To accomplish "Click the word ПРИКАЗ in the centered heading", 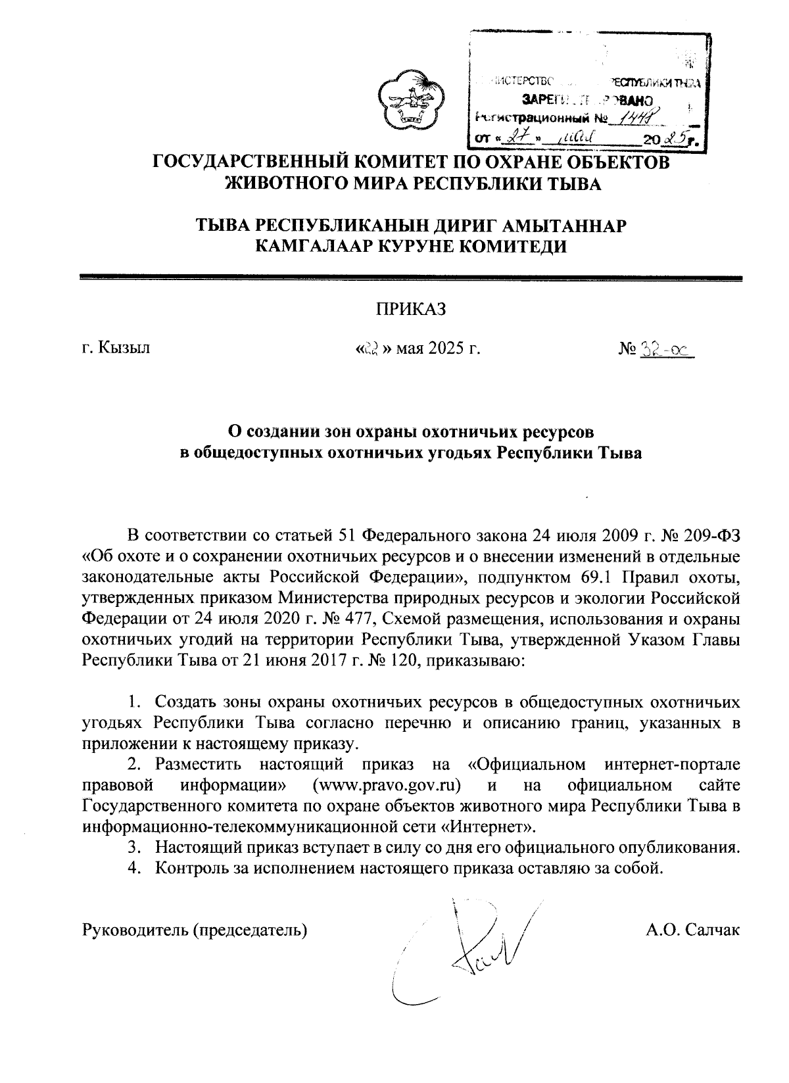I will click(411, 309).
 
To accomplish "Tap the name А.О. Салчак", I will click(694, 930).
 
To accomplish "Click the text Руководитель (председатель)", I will click(195, 930).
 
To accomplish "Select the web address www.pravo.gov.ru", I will click(387, 785).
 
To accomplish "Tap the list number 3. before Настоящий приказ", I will click(134, 846).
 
